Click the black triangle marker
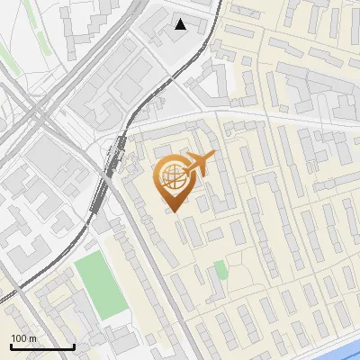181,24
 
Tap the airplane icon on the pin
198,165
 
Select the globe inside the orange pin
171,178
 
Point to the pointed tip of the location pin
172,212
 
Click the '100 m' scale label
23,338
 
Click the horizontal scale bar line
41,346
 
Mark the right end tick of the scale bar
74,345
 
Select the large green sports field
100,285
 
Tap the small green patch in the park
220,270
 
